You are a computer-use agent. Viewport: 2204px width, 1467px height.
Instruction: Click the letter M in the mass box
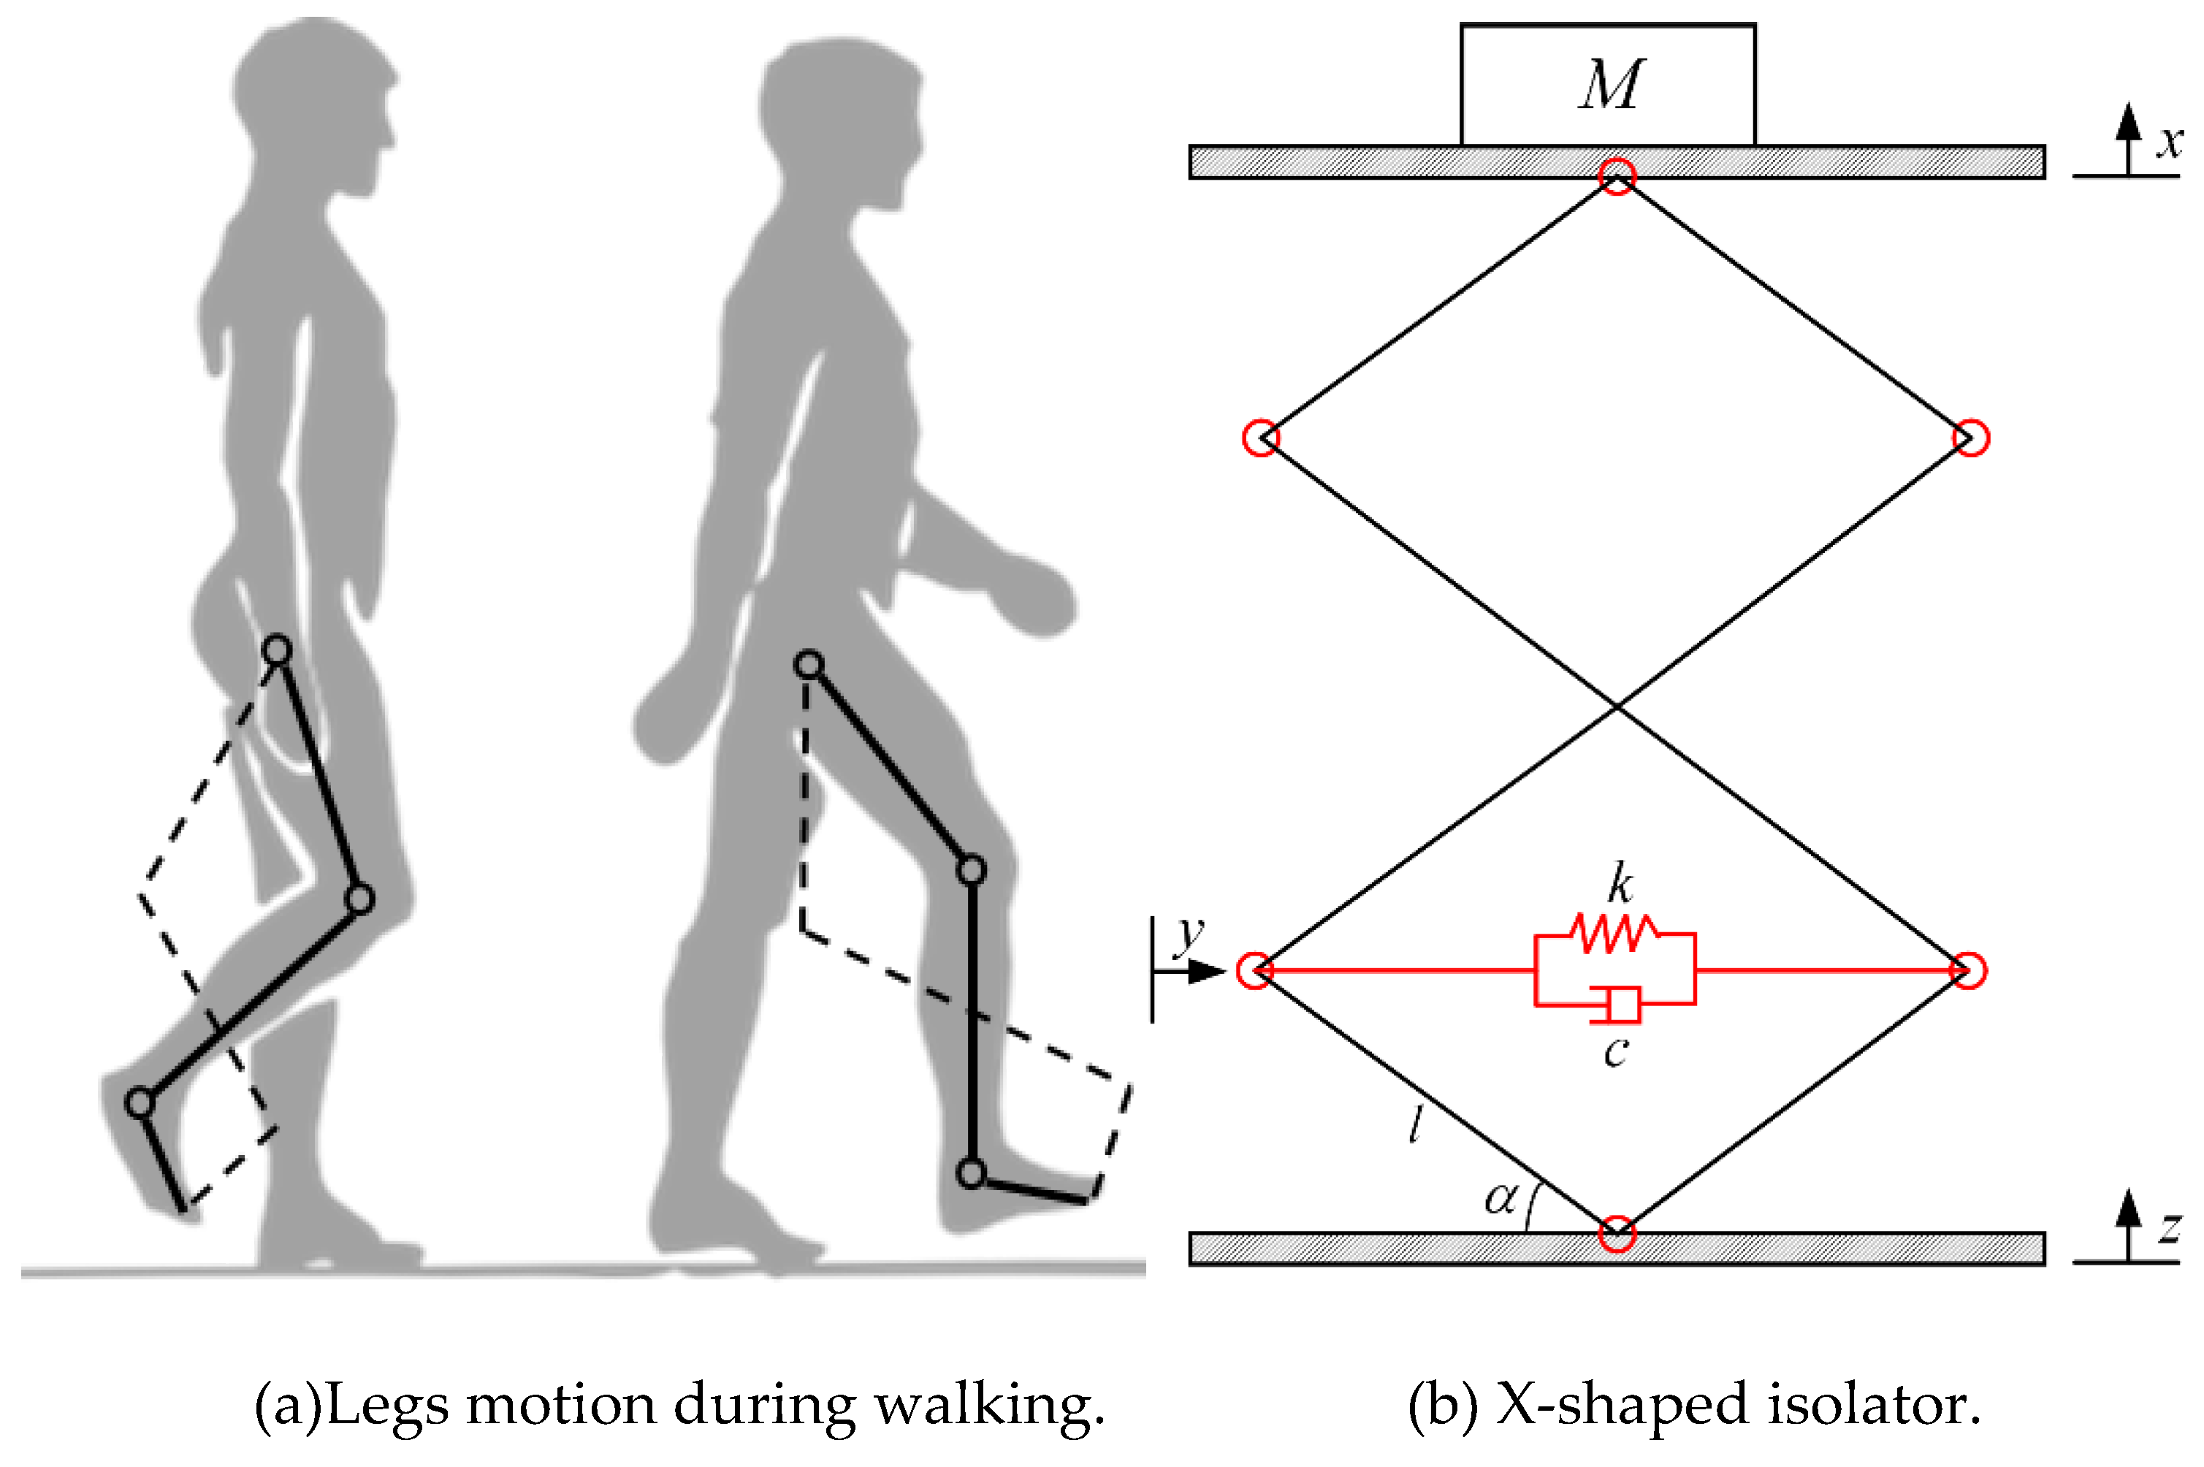pos(1610,86)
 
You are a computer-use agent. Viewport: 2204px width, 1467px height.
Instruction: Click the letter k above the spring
pos(1620,883)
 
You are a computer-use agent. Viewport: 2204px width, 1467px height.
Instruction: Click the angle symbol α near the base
pos(1501,1198)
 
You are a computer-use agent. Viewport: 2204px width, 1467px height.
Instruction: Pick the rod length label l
pos(1415,1124)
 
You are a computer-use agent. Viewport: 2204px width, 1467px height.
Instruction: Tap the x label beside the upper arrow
pos(2170,142)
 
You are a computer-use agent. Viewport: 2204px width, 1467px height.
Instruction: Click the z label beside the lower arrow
pos(2170,1227)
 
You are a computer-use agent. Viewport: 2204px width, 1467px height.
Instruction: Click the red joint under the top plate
pos(1617,176)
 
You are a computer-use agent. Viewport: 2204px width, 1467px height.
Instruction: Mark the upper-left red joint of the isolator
pos(1260,437)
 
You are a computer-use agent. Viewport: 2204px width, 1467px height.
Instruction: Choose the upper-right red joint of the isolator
pos(1971,437)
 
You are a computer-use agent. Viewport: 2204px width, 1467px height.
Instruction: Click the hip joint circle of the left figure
pos(277,650)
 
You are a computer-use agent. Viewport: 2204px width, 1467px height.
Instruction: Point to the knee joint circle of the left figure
pos(359,899)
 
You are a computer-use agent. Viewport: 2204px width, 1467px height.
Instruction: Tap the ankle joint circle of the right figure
pos(972,1173)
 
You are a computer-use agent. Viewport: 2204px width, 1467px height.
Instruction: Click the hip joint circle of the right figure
pos(809,666)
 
